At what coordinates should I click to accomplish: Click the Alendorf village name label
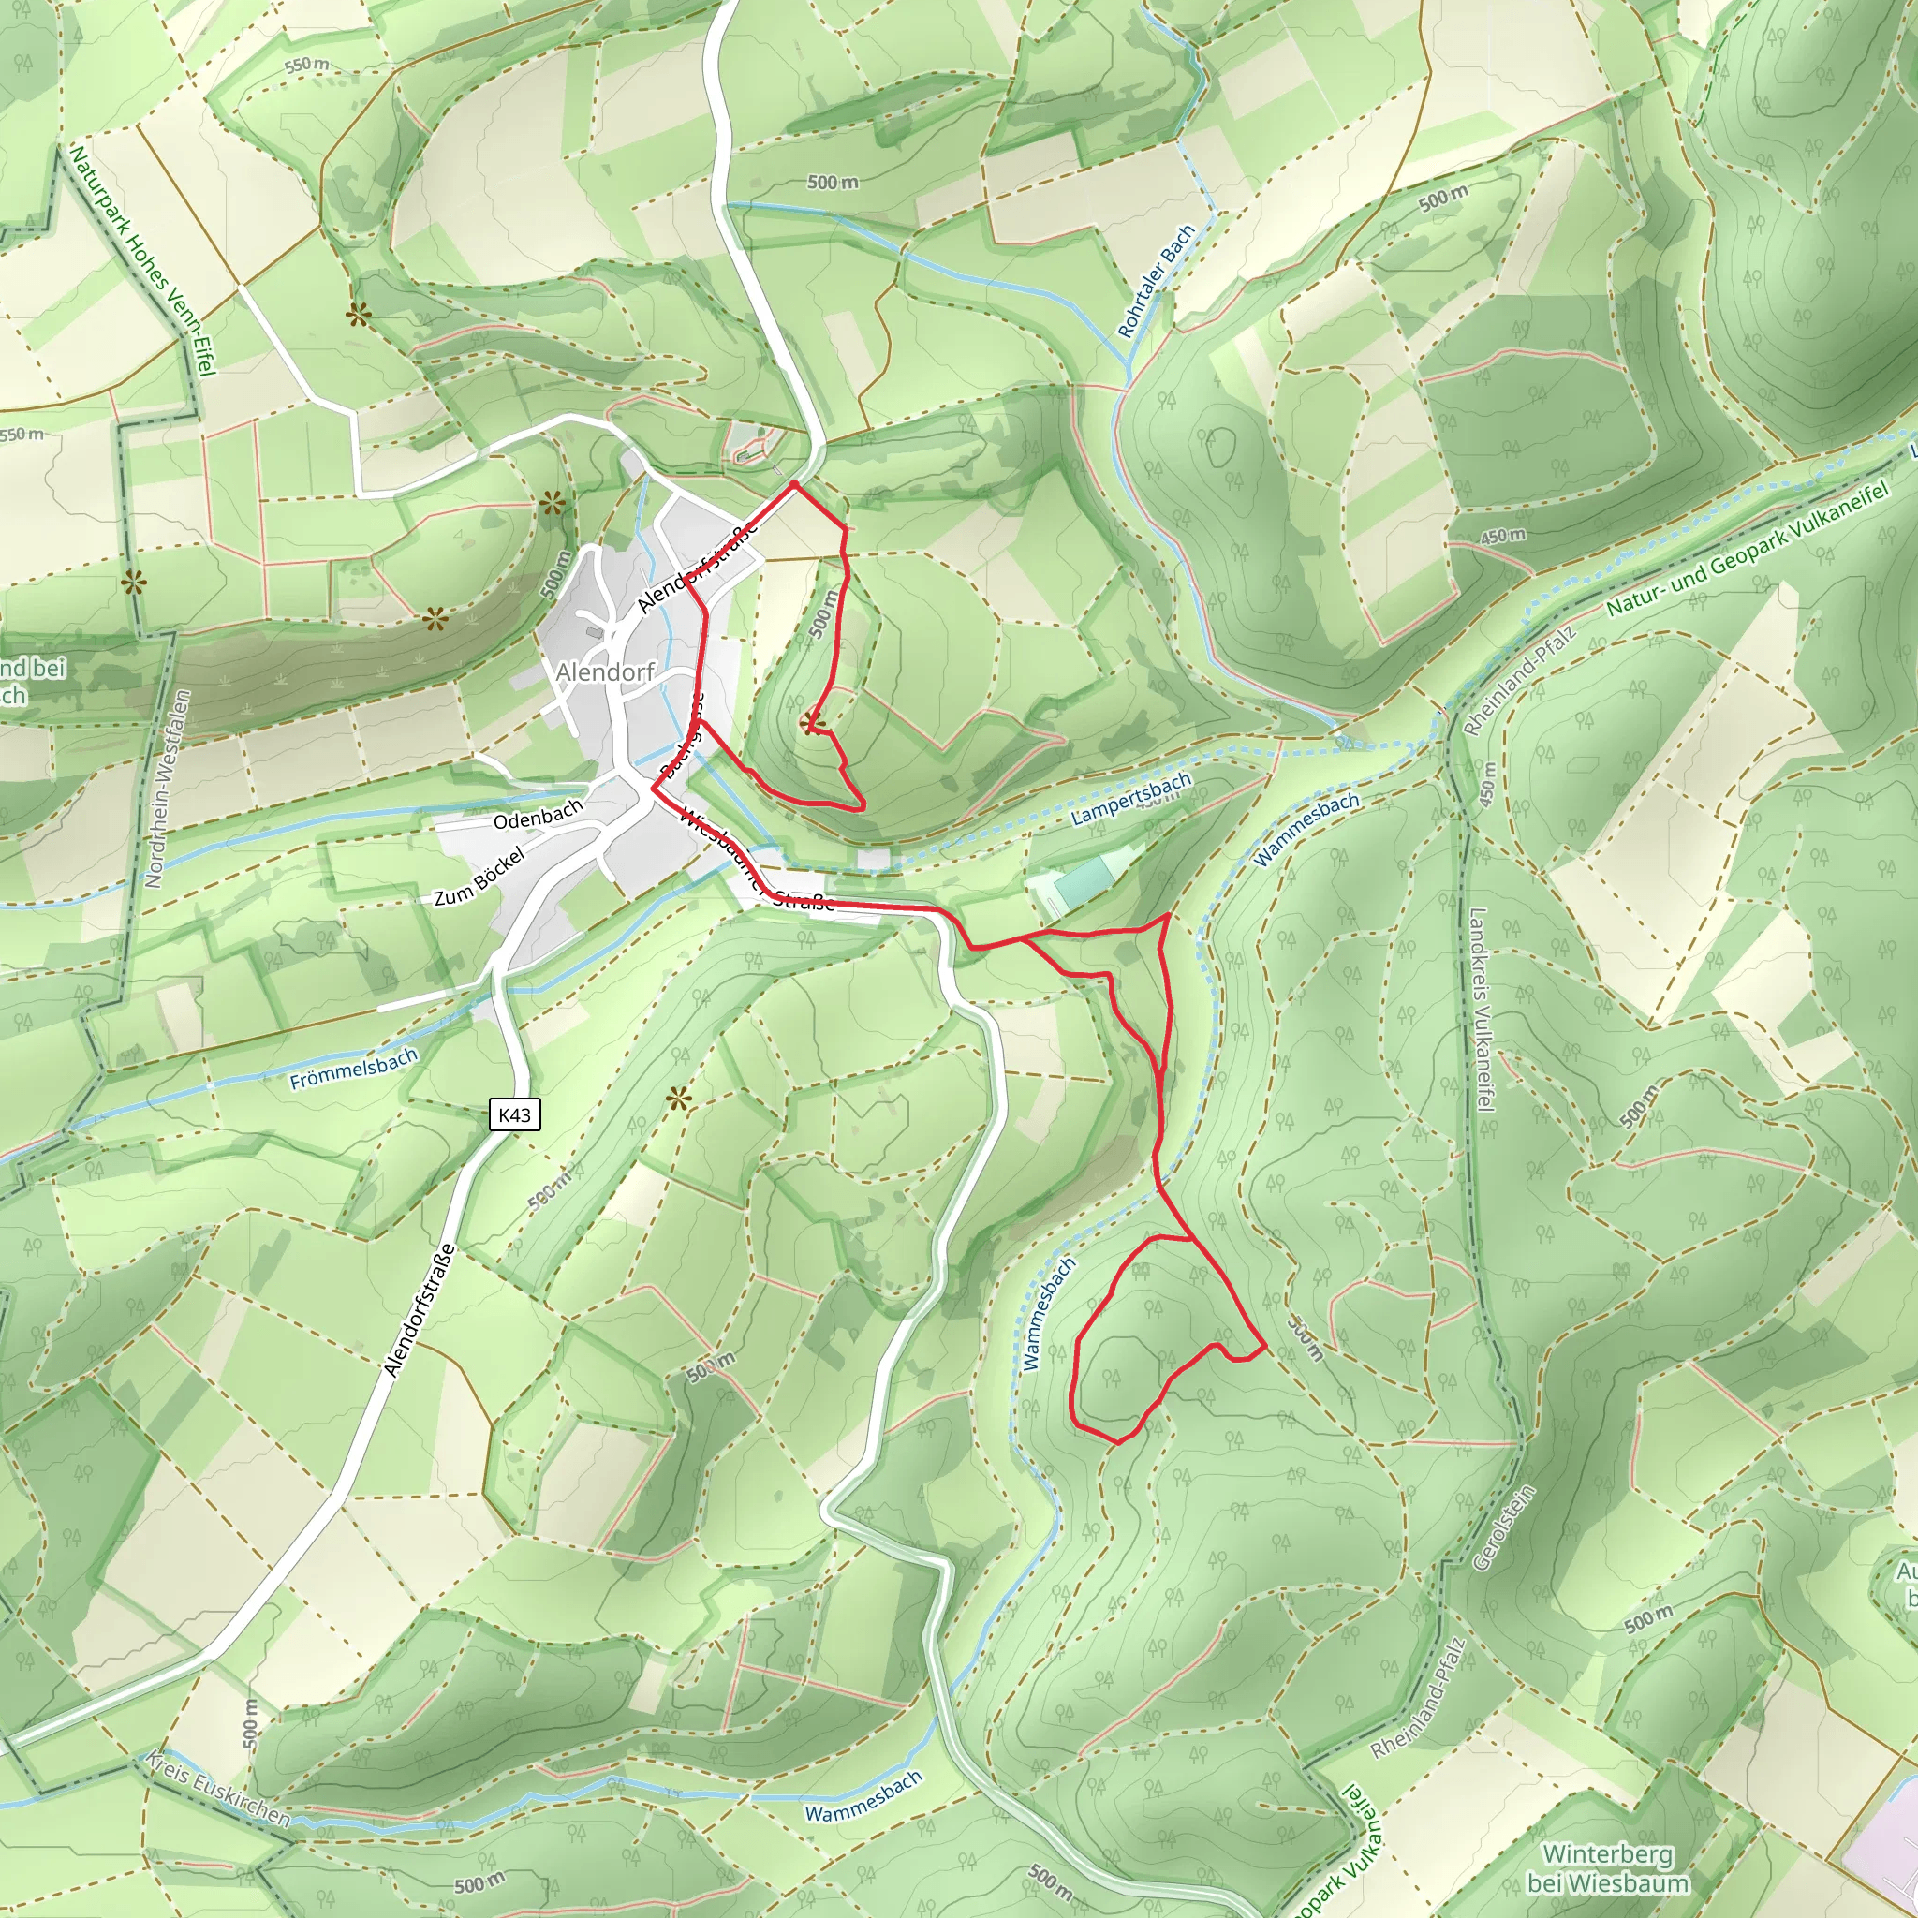605,672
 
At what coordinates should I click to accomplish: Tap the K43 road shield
514,1114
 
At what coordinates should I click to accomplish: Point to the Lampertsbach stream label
1130,800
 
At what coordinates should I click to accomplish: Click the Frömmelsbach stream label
353,1070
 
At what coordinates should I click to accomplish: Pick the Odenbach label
539,815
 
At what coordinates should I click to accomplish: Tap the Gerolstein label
1504,1527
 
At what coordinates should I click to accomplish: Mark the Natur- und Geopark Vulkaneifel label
1747,551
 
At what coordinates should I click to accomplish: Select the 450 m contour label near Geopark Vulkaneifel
1502,536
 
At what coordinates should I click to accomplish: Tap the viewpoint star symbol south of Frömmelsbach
678,1098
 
